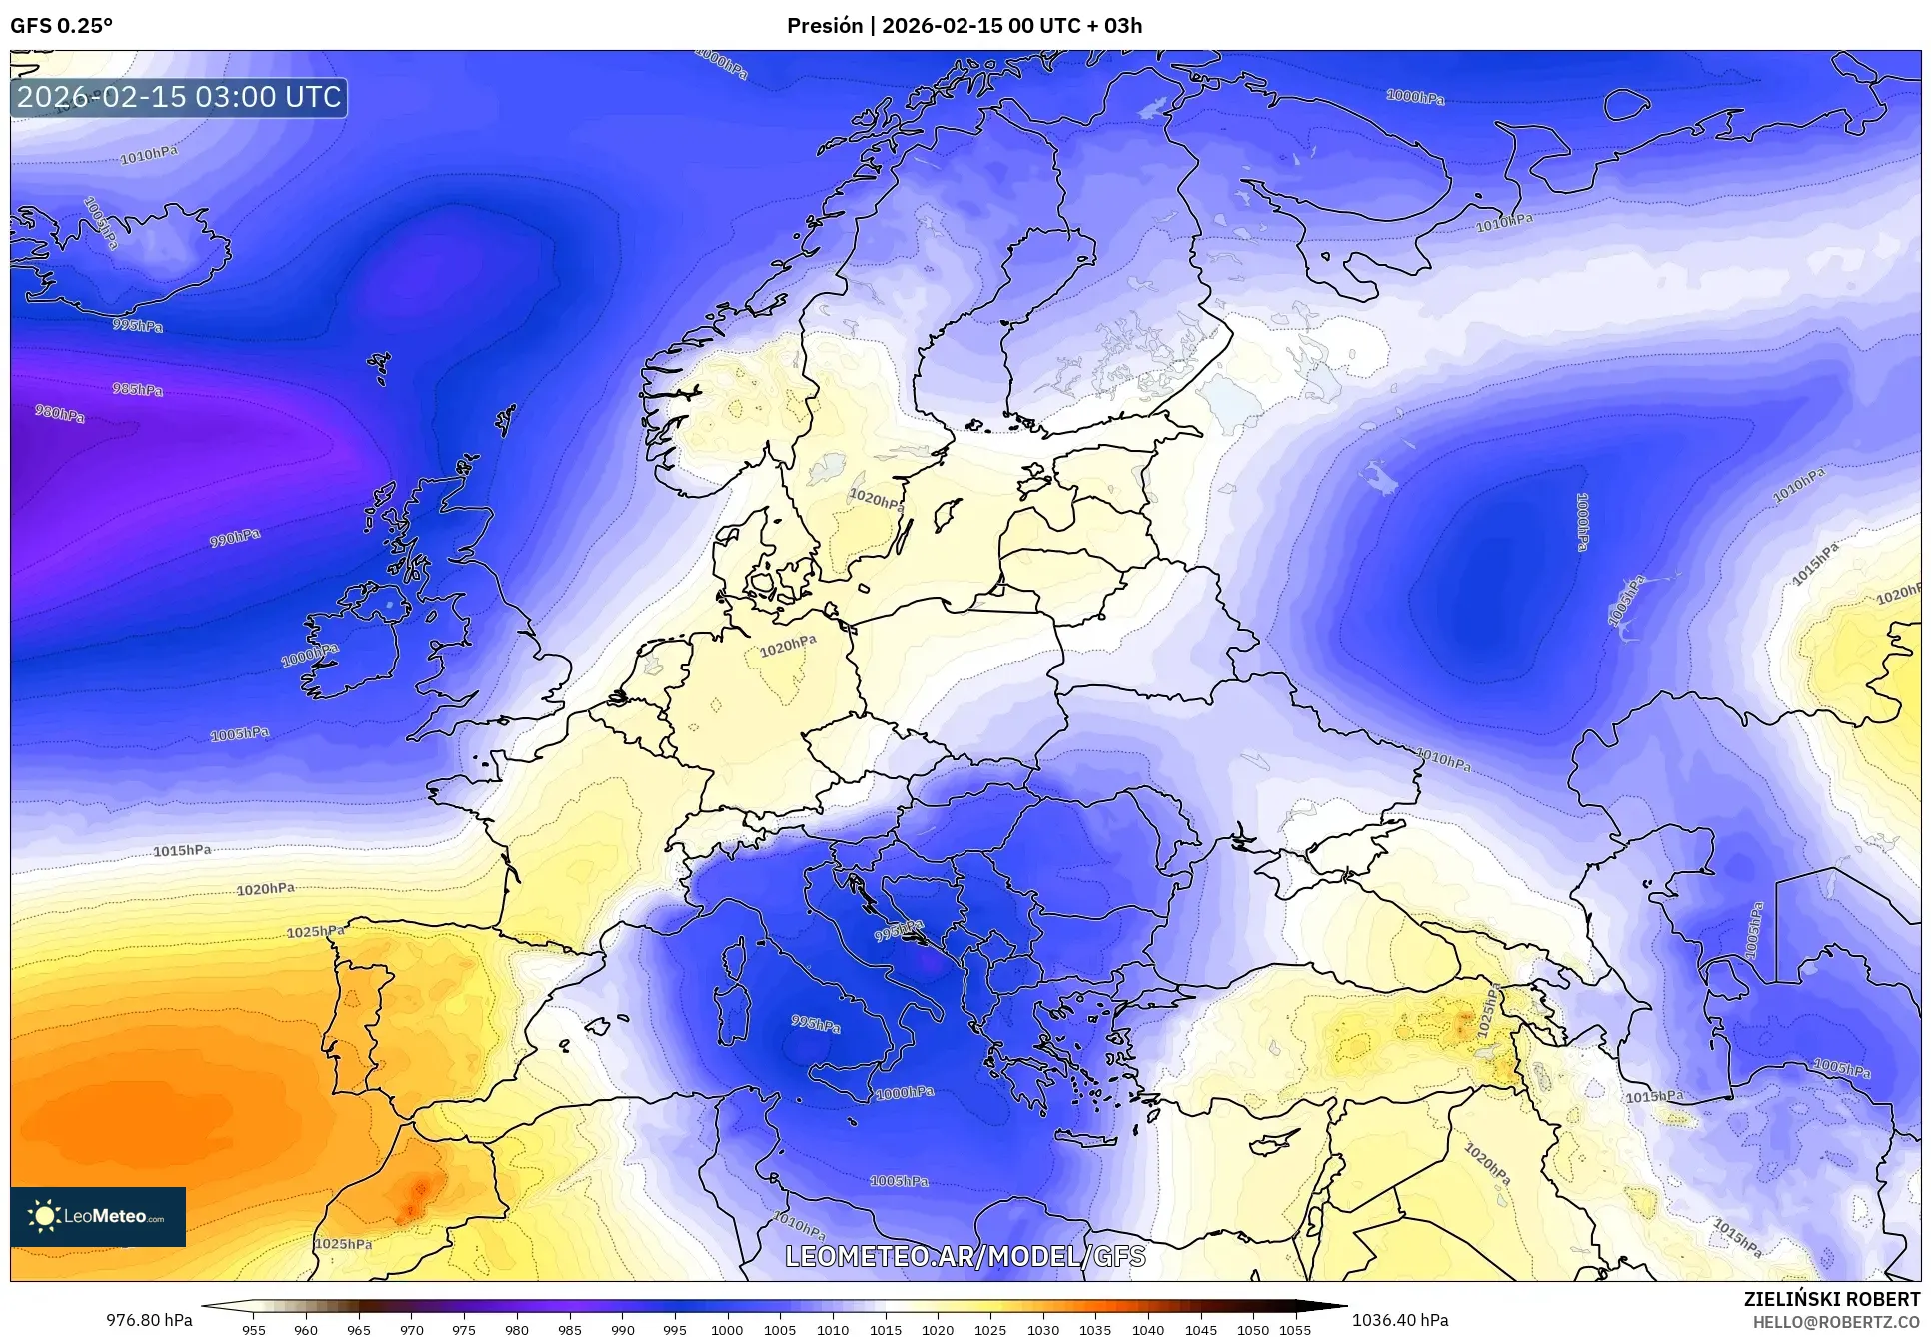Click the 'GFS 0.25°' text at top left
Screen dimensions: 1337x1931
pyautogui.click(x=61, y=26)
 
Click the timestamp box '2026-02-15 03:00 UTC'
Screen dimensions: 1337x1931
pyautogui.click(x=179, y=97)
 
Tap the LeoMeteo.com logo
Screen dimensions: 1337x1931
pyautogui.click(x=98, y=1216)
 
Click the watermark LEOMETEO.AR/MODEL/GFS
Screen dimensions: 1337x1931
pyautogui.click(x=965, y=1256)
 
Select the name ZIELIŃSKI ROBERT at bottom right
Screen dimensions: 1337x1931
pyautogui.click(x=1831, y=1299)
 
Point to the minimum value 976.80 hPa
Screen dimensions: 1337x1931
pyautogui.click(x=150, y=1320)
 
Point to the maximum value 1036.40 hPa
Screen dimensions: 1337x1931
pyautogui.click(x=1399, y=1320)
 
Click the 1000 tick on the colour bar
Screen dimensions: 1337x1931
pyautogui.click(x=727, y=1329)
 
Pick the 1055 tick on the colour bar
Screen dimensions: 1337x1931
pyautogui.click(x=1295, y=1329)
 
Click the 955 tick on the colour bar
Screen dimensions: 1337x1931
pyautogui.click(x=254, y=1329)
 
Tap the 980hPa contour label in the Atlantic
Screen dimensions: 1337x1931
pyautogui.click(x=60, y=413)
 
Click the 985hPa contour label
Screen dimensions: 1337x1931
pyautogui.click(x=137, y=389)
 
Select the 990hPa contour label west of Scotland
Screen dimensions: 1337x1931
pyautogui.click(x=235, y=538)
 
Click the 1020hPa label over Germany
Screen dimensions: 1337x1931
pyautogui.click(x=788, y=647)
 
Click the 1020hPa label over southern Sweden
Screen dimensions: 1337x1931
pyautogui.click(x=876, y=499)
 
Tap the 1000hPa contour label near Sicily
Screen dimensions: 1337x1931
pyautogui.click(x=905, y=1093)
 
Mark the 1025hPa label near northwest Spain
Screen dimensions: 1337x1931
pyautogui.click(x=316, y=931)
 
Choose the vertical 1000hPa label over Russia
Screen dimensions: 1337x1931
pyautogui.click(x=1582, y=521)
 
